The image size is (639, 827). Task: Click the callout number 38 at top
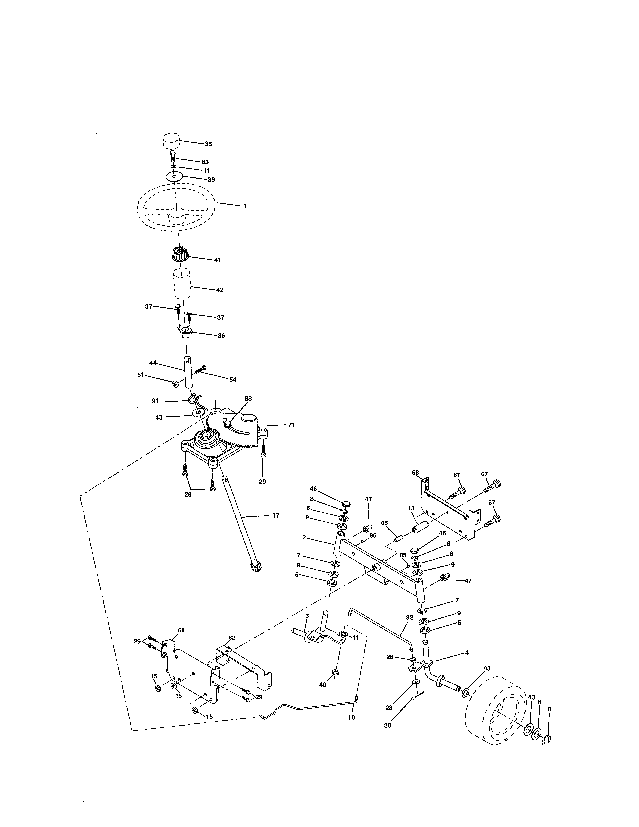[x=208, y=144]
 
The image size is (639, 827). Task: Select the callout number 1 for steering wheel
[x=245, y=206]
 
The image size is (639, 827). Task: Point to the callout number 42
[x=220, y=290]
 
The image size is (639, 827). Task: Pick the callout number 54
[x=233, y=379]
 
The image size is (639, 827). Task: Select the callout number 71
[x=291, y=425]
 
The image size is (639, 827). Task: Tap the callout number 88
[x=248, y=399]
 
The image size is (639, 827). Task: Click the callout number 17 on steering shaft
[x=276, y=515]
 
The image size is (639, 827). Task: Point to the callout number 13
[x=411, y=508]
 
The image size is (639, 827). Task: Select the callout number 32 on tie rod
[x=410, y=617]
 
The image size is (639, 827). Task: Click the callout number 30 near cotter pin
[x=388, y=726]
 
